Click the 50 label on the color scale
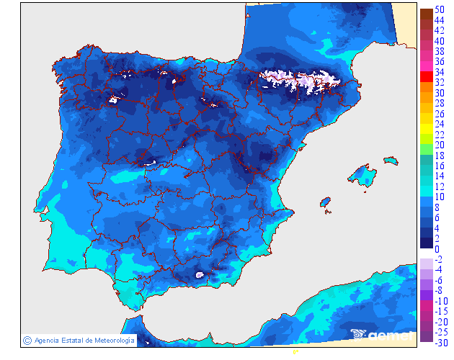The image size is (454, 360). coord(439,9)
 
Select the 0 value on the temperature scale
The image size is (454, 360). coord(437,249)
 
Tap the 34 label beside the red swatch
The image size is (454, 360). coord(439,72)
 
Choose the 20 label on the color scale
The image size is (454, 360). coord(439,145)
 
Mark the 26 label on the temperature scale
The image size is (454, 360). coord(439,114)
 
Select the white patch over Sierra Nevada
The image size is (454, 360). coord(200,274)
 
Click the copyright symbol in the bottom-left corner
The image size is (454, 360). coord(27,340)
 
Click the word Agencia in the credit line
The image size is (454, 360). coord(47,341)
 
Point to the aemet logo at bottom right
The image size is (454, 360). coord(382,334)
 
